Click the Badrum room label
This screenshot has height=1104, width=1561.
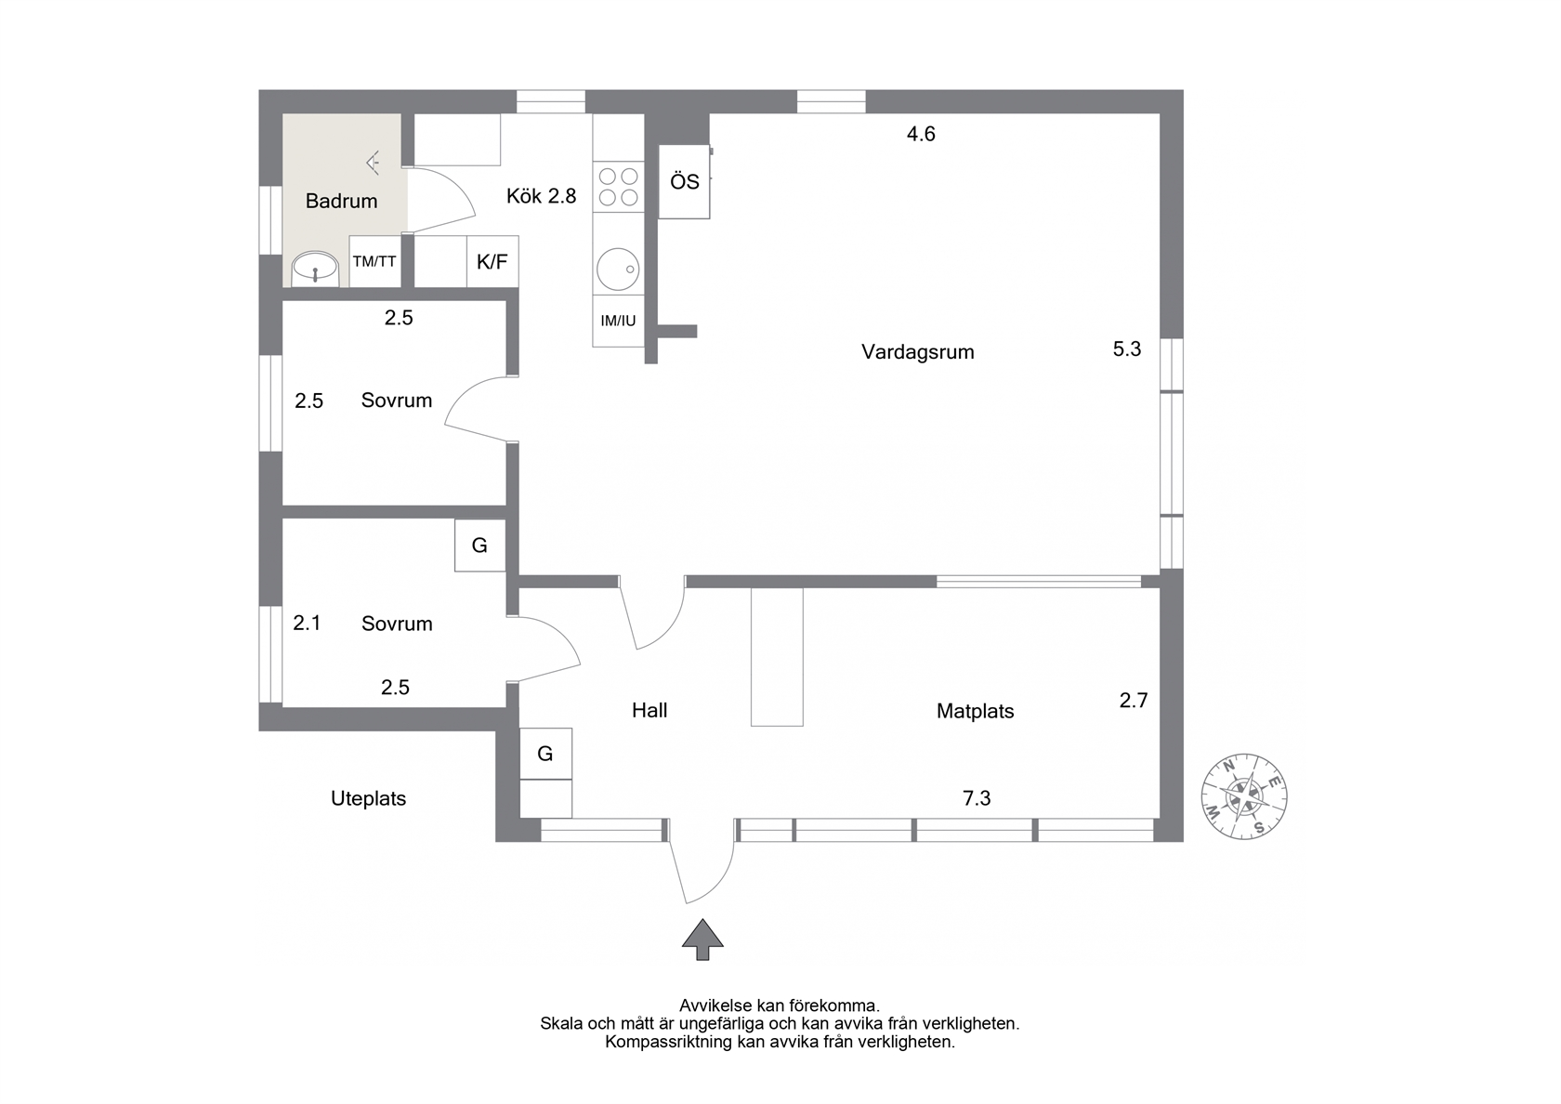click(x=342, y=201)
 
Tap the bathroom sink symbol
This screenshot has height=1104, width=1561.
click(x=315, y=267)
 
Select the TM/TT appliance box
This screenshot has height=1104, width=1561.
click(x=375, y=261)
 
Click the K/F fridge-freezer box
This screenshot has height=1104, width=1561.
click(x=492, y=261)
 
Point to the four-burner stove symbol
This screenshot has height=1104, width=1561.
click(x=618, y=187)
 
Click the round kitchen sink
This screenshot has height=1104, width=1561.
click(x=618, y=269)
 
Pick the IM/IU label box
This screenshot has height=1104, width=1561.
click(x=618, y=321)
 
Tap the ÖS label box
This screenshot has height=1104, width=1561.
click(x=684, y=182)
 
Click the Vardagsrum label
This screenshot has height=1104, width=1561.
click(x=918, y=352)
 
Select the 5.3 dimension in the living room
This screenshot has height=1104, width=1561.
click(x=1127, y=348)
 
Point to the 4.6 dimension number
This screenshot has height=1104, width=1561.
click(x=921, y=134)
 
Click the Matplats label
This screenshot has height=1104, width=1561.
click(x=975, y=711)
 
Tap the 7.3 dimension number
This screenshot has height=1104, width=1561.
click(x=977, y=798)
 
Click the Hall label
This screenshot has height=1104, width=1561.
click(x=649, y=710)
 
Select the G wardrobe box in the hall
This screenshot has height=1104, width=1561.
click(x=545, y=754)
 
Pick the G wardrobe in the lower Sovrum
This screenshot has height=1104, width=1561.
click(x=480, y=545)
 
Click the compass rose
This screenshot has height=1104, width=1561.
click(x=1244, y=796)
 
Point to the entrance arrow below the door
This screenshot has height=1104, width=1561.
click(x=702, y=940)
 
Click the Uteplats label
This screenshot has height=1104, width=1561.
click(x=368, y=798)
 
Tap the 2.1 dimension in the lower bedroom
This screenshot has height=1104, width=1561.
click(x=307, y=623)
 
